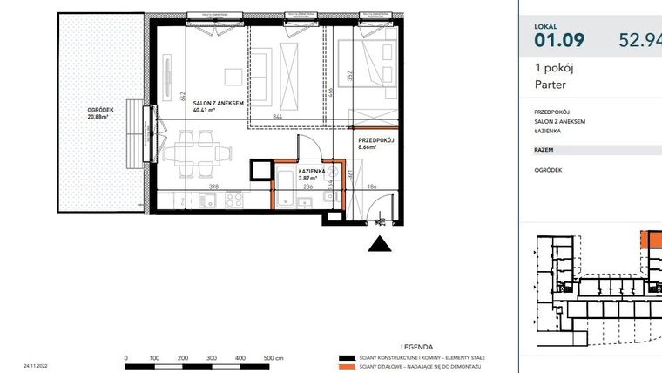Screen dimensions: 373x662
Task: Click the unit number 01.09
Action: [559, 39]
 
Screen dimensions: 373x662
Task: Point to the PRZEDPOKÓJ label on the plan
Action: [376, 139]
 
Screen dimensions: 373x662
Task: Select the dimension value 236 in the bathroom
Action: [307, 186]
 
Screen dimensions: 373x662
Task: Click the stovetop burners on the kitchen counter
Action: [234, 200]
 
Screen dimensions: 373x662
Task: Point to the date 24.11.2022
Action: [37, 367]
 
